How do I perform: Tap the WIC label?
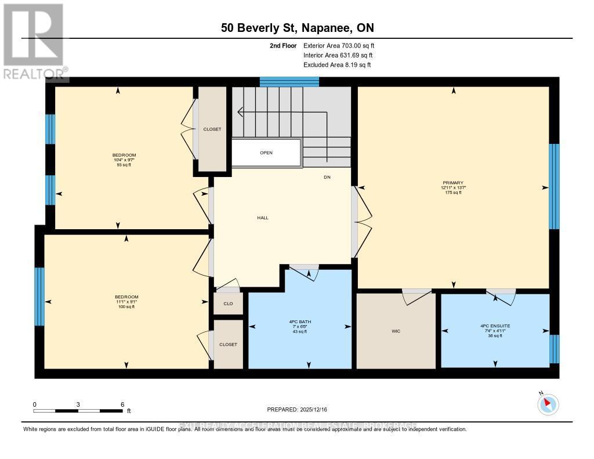click(396, 331)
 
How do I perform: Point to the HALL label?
click(263, 218)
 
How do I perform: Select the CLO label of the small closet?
click(228, 303)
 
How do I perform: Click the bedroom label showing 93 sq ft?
click(124, 160)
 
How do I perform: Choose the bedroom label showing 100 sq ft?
click(126, 302)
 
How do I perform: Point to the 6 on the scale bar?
click(122, 404)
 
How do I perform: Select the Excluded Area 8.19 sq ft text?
click(336, 65)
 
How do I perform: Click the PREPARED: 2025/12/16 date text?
click(297, 409)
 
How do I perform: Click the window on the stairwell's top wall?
click(289, 82)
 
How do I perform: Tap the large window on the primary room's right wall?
click(554, 186)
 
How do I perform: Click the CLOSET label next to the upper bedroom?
click(212, 129)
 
